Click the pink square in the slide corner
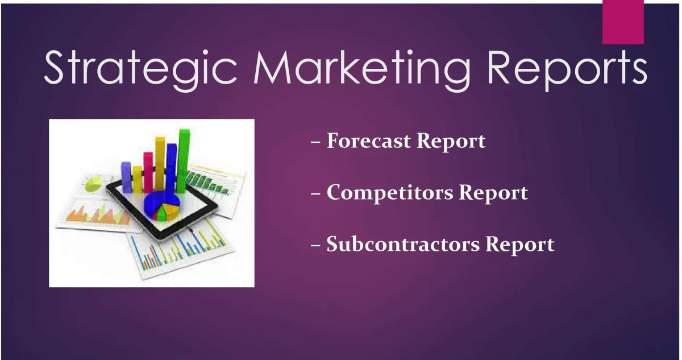(623, 22)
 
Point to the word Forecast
(368, 140)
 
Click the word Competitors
(390, 193)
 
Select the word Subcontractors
(403, 244)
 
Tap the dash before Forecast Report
(316, 142)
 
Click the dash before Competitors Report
(316, 194)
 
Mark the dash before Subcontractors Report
(316, 246)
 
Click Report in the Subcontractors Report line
(519, 246)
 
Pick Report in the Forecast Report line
(451, 142)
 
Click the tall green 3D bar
(183, 161)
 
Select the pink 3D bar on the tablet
(148, 172)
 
